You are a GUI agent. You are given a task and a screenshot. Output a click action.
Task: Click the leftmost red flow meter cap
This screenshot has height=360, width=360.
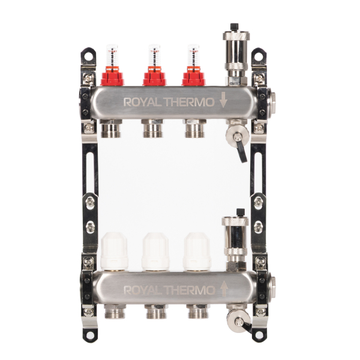coord(112,76)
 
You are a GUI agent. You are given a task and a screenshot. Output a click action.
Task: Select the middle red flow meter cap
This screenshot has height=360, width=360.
coord(155,76)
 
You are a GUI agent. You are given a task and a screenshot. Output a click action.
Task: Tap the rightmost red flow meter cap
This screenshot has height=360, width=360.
coord(193,76)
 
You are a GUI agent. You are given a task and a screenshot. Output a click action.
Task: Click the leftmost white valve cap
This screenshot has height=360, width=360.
coord(114,251)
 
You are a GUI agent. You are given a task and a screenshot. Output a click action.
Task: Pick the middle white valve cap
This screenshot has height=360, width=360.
coord(155,251)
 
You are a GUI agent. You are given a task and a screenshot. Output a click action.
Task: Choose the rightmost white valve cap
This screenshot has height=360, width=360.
coord(197,251)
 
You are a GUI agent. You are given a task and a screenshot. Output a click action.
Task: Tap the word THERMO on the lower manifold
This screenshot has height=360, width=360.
coord(189,290)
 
